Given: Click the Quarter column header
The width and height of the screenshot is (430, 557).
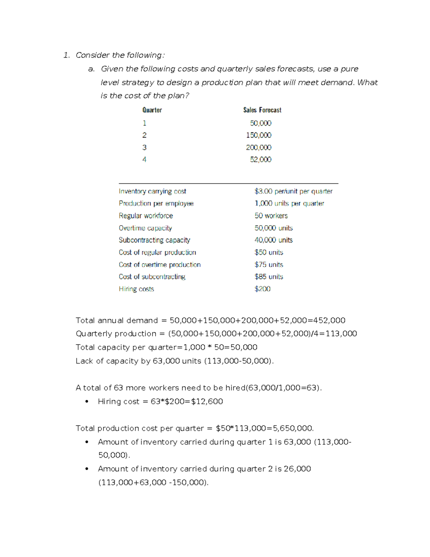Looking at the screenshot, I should click(x=152, y=110).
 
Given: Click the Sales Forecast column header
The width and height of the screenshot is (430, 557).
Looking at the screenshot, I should click(x=262, y=110).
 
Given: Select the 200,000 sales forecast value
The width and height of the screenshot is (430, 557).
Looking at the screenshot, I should click(x=258, y=147).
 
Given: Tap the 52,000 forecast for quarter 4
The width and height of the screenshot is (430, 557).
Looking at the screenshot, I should click(x=261, y=160).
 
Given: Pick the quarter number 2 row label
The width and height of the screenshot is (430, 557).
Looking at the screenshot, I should click(x=144, y=135).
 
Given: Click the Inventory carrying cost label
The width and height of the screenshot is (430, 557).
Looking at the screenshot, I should click(x=152, y=192).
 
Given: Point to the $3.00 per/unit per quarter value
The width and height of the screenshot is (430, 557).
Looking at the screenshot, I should click(x=293, y=192).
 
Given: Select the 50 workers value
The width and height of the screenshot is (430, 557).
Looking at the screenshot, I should click(x=271, y=216).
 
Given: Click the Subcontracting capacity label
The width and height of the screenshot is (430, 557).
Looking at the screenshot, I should click(x=154, y=240).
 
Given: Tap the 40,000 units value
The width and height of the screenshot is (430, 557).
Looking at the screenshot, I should click(x=273, y=240).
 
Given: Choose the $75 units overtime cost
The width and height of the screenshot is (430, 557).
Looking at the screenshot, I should click(x=269, y=265).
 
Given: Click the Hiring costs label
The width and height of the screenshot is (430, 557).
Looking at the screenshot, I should click(x=136, y=289).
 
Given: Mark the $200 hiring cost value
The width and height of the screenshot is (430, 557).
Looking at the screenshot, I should click(x=262, y=289).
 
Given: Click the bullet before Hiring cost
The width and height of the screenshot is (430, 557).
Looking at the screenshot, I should click(x=87, y=402).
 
